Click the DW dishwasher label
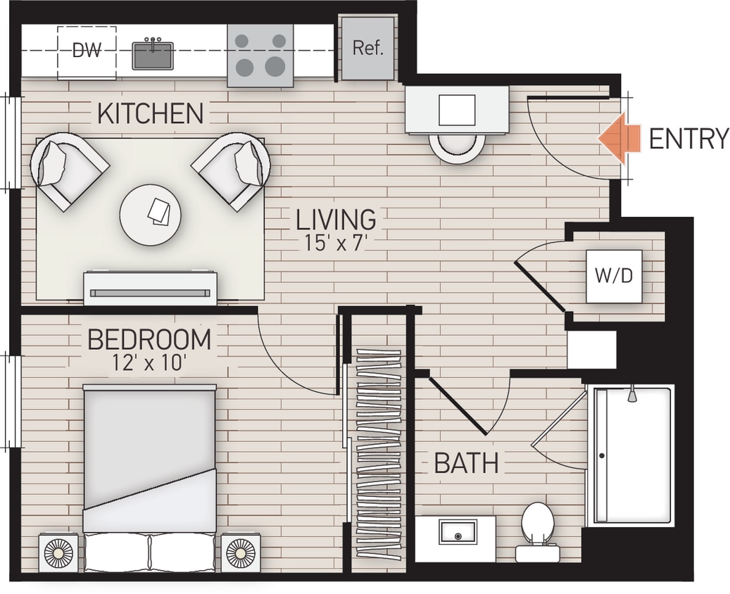tap(87, 51)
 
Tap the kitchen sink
tap(153, 55)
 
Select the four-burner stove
tap(260, 56)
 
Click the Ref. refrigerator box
tap(367, 49)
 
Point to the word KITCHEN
tap(150, 113)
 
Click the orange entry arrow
tap(619, 139)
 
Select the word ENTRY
tap(688, 139)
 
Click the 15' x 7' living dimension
tap(335, 244)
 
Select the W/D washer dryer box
tap(614, 276)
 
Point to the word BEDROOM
tap(149, 340)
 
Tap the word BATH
tap(466, 464)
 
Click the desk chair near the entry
tap(458, 147)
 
